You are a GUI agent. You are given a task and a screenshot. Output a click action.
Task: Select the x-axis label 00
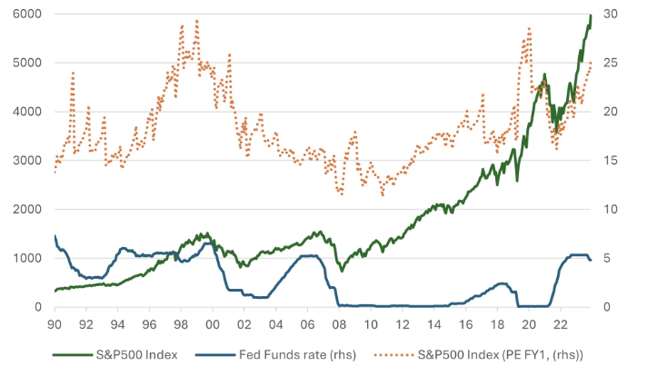213,324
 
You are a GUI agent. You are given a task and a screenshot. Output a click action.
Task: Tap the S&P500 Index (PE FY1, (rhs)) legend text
497,353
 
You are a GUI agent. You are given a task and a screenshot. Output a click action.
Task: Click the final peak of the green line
591,15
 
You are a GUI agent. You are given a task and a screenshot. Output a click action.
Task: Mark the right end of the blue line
592,260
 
